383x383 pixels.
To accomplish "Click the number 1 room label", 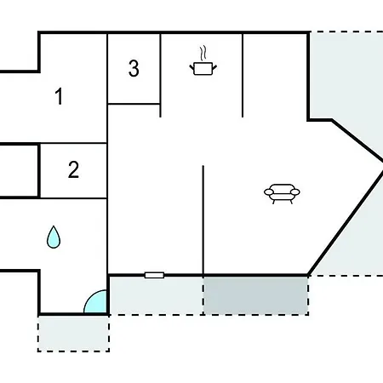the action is (x=59, y=96).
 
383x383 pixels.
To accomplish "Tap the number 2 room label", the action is (x=73, y=169).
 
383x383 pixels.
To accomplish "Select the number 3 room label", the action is (x=134, y=68).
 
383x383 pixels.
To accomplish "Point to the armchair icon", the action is (x=282, y=193).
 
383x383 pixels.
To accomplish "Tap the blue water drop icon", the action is (x=54, y=237).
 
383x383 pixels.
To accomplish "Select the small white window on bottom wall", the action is (x=154, y=275).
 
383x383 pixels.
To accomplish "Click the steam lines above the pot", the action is (x=203, y=53).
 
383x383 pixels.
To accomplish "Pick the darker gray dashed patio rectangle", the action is (x=255, y=295).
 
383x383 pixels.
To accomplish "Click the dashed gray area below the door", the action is (x=73, y=334).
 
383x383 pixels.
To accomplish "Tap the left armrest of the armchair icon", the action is (x=269, y=192).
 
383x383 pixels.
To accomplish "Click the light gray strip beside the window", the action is (x=156, y=295).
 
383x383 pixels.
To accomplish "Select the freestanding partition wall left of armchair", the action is (x=203, y=220).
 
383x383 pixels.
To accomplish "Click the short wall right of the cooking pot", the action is (x=243, y=76).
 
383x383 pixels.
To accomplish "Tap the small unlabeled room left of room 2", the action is (x=19, y=171).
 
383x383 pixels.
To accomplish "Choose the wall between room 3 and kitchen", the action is (x=161, y=76).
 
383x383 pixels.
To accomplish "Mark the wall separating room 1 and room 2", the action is (x=73, y=143).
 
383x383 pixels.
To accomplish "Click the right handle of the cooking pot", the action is (x=214, y=67).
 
